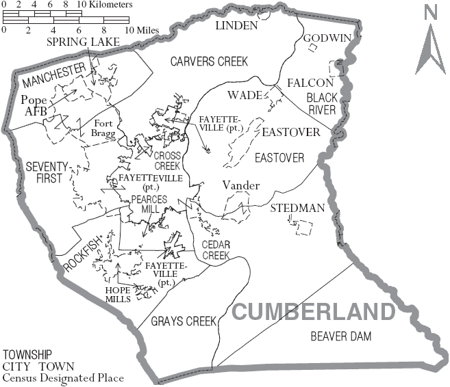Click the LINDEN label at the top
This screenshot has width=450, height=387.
click(x=236, y=26)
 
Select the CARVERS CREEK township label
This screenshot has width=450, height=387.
click(x=209, y=62)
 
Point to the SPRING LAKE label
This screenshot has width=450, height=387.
click(x=83, y=42)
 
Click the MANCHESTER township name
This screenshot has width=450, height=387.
click(x=54, y=76)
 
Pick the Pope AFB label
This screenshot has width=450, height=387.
click(x=34, y=105)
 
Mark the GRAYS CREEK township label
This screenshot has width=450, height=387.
click(x=184, y=321)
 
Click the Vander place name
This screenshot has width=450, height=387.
click(x=240, y=186)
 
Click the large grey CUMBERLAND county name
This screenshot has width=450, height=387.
click(x=313, y=312)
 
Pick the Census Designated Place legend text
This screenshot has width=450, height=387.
click(x=64, y=377)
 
